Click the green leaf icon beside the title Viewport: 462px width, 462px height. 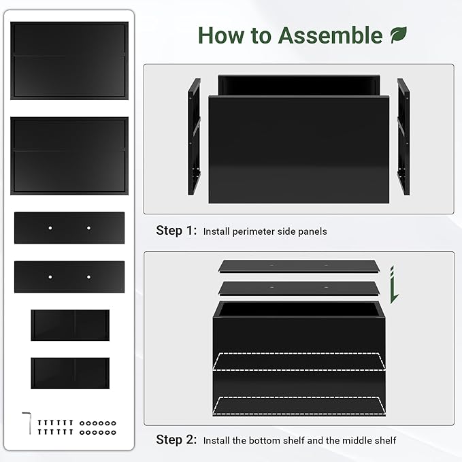click(399, 35)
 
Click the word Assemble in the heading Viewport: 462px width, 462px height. click(330, 35)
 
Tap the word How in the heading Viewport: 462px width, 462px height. click(221, 35)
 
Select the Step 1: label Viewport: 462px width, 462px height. click(176, 231)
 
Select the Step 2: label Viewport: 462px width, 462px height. click(176, 440)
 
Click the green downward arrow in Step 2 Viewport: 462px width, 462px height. click(394, 285)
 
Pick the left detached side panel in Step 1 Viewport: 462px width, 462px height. click(194, 136)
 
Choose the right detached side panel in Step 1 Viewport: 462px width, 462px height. click(403, 136)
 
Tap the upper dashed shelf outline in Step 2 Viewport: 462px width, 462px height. click(299, 361)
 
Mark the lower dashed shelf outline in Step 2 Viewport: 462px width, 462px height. click(299, 406)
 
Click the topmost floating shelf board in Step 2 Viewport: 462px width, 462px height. click(299, 266)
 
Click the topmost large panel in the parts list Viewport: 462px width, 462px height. click(69, 61)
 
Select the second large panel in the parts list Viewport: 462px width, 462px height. click(69, 156)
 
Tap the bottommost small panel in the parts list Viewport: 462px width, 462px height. click(70, 374)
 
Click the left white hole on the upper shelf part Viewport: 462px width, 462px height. click(50, 228)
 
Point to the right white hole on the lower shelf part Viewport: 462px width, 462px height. click(88, 277)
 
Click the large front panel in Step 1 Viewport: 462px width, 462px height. click(299, 150)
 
